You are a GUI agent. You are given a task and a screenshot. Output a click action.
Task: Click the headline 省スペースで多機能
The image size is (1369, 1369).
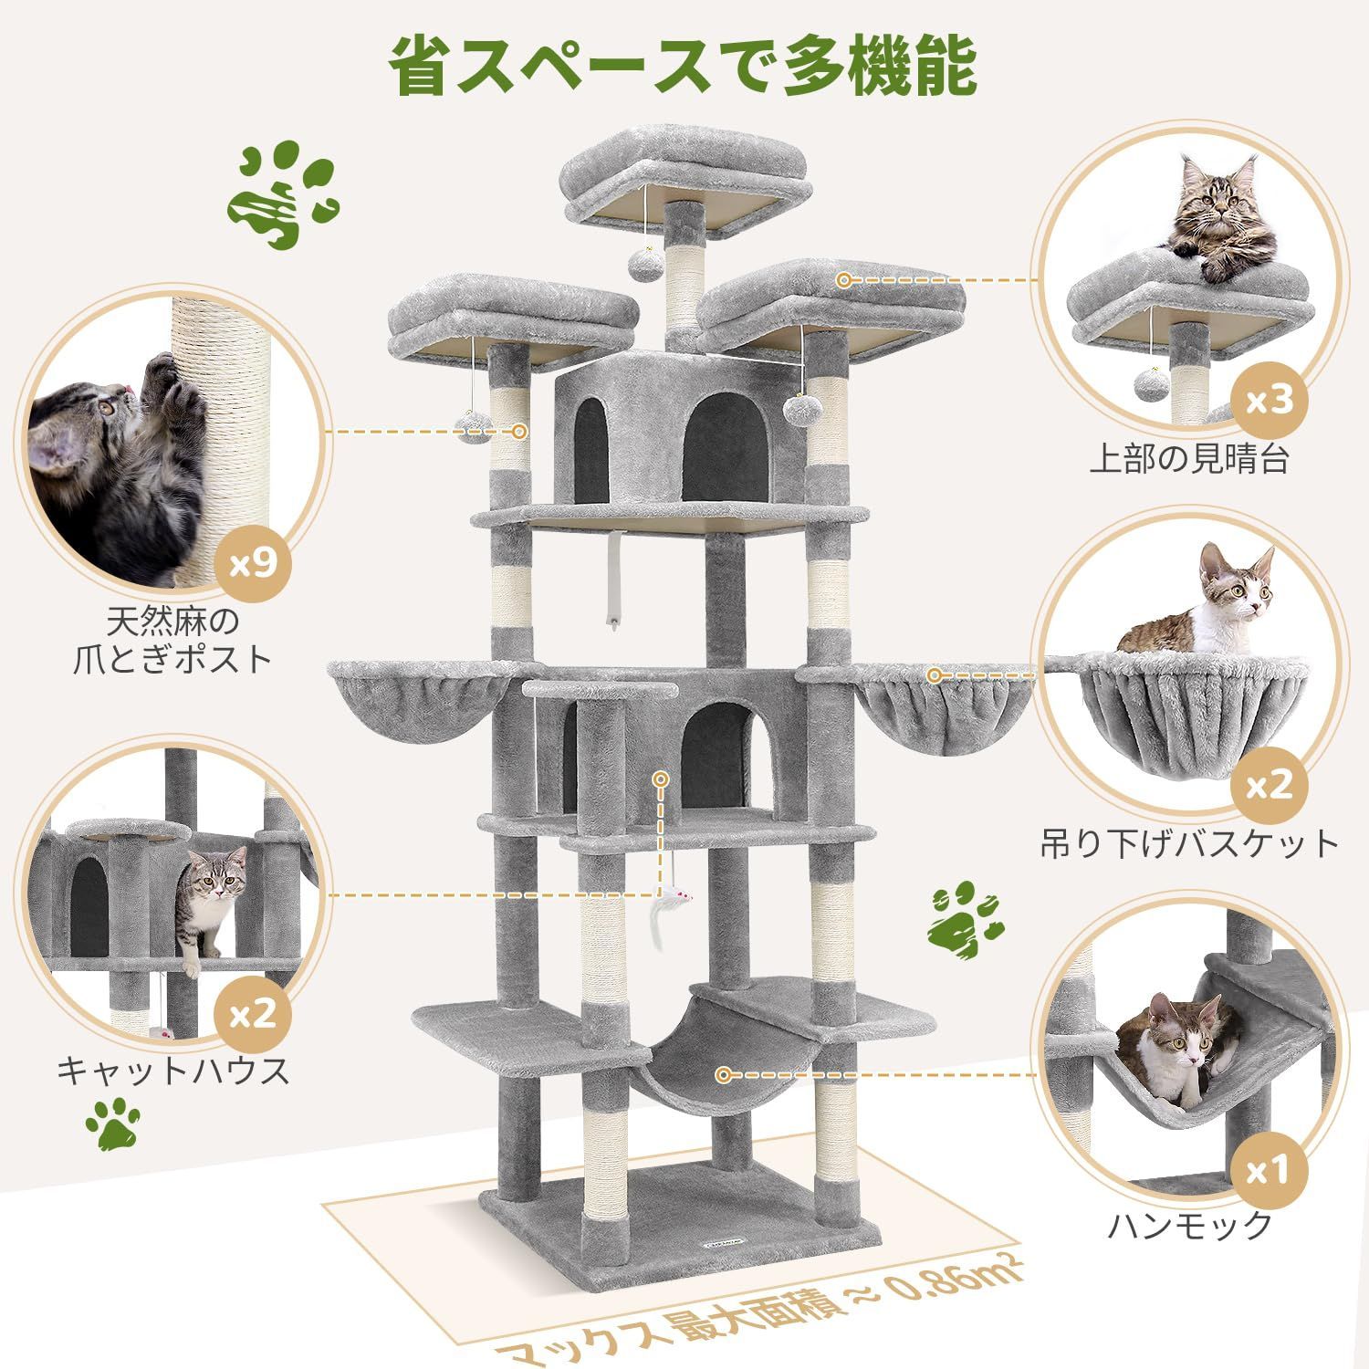point(684,66)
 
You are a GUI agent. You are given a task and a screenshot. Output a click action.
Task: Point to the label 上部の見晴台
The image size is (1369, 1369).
point(1188,459)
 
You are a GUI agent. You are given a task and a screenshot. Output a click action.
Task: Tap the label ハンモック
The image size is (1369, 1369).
point(1189,1224)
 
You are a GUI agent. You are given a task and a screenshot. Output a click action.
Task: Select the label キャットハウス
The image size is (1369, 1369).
point(173,1069)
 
